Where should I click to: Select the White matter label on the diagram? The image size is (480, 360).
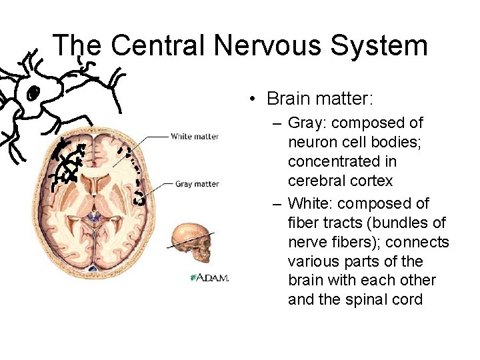pos(195,137)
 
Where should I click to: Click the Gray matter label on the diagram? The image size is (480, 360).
pos(197,184)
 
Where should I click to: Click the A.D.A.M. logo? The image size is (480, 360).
pos(209,277)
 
